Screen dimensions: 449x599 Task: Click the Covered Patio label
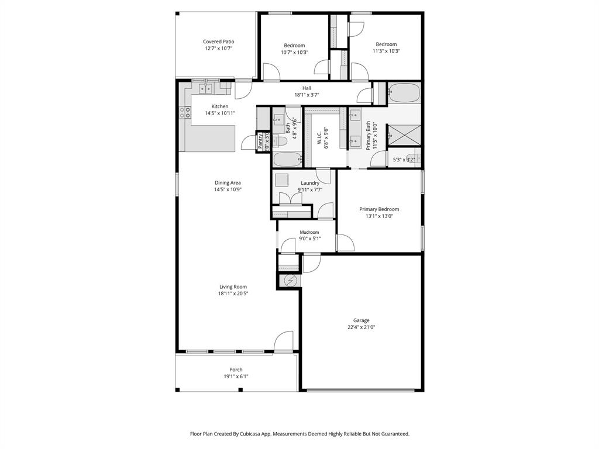[x=219, y=42]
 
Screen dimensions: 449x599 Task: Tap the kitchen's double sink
[x=205, y=89]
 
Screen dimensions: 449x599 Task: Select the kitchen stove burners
[x=185, y=112]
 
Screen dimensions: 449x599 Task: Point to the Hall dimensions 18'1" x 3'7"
[x=307, y=95]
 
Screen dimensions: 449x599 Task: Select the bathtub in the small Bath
[x=287, y=159]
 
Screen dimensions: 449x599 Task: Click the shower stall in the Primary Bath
[x=404, y=134]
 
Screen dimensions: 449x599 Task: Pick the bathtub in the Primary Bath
[x=404, y=93]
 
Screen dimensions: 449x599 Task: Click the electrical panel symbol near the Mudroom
[x=291, y=281]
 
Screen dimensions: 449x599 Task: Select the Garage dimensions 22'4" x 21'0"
[x=361, y=327]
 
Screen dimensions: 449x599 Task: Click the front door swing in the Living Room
[x=284, y=341]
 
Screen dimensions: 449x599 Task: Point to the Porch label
[x=236, y=369]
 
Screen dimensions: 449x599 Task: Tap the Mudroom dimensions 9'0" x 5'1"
[x=309, y=239]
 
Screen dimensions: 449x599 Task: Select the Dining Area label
[x=228, y=182]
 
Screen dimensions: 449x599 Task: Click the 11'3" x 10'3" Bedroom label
[x=386, y=44]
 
